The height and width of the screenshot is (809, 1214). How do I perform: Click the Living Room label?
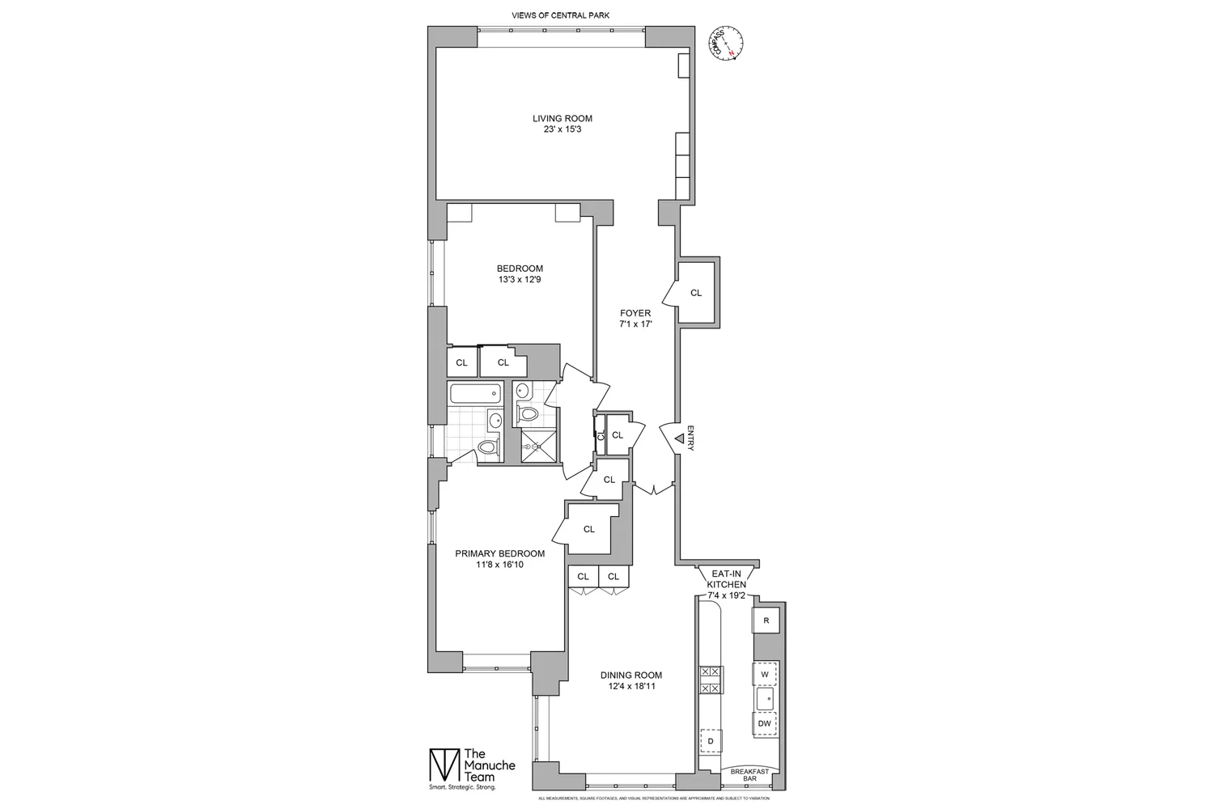[x=562, y=124]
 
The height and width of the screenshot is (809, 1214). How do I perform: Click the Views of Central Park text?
[x=561, y=15]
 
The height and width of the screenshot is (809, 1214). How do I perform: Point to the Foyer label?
[x=635, y=319]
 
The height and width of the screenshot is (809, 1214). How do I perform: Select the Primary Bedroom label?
[x=499, y=559]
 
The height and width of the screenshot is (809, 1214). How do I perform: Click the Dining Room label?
[x=630, y=680]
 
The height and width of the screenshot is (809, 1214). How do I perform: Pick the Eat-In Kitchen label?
[x=726, y=583]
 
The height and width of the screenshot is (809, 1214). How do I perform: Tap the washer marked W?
[x=765, y=674]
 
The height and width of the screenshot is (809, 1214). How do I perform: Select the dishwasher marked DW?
[x=765, y=723]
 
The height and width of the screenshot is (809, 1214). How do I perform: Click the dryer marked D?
[x=711, y=741]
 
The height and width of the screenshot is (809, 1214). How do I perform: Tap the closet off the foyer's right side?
[x=695, y=293]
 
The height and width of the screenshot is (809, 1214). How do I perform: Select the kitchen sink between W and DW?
[x=765, y=698]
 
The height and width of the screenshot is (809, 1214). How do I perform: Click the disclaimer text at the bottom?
[x=653, y=798]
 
